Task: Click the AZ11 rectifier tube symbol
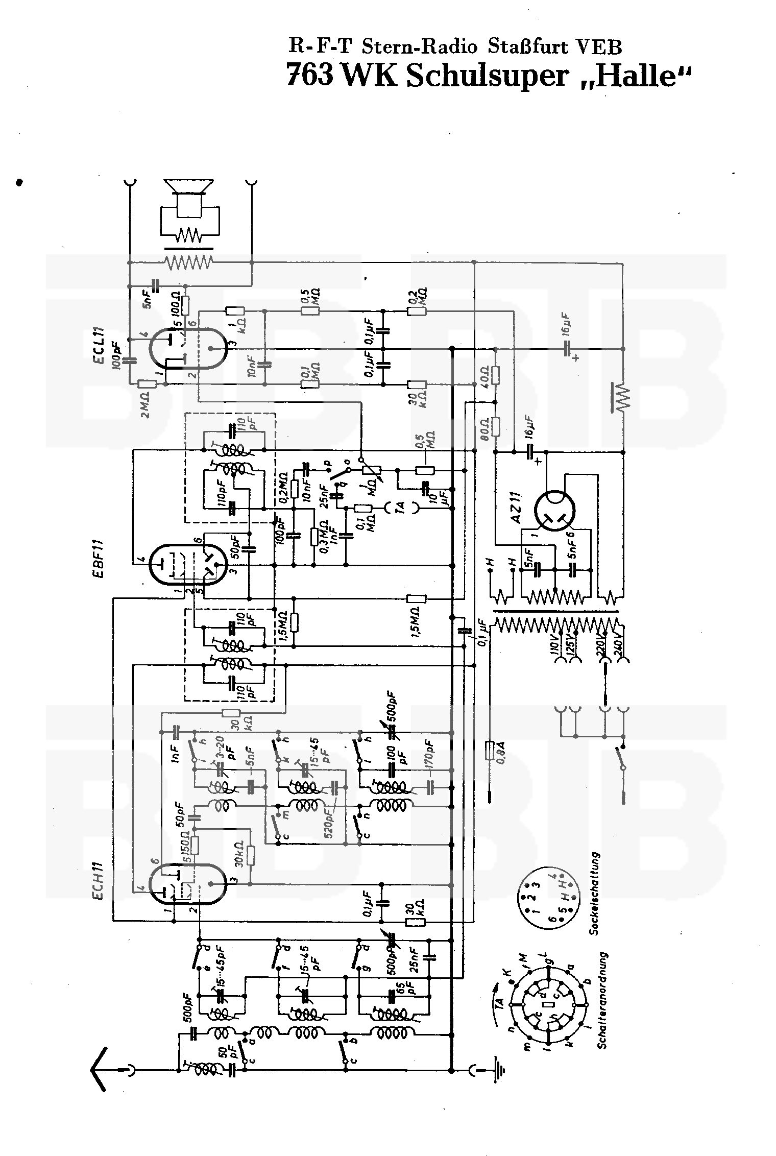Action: (x=554, y=509)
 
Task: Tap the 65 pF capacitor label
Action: (x=404, y=995)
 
